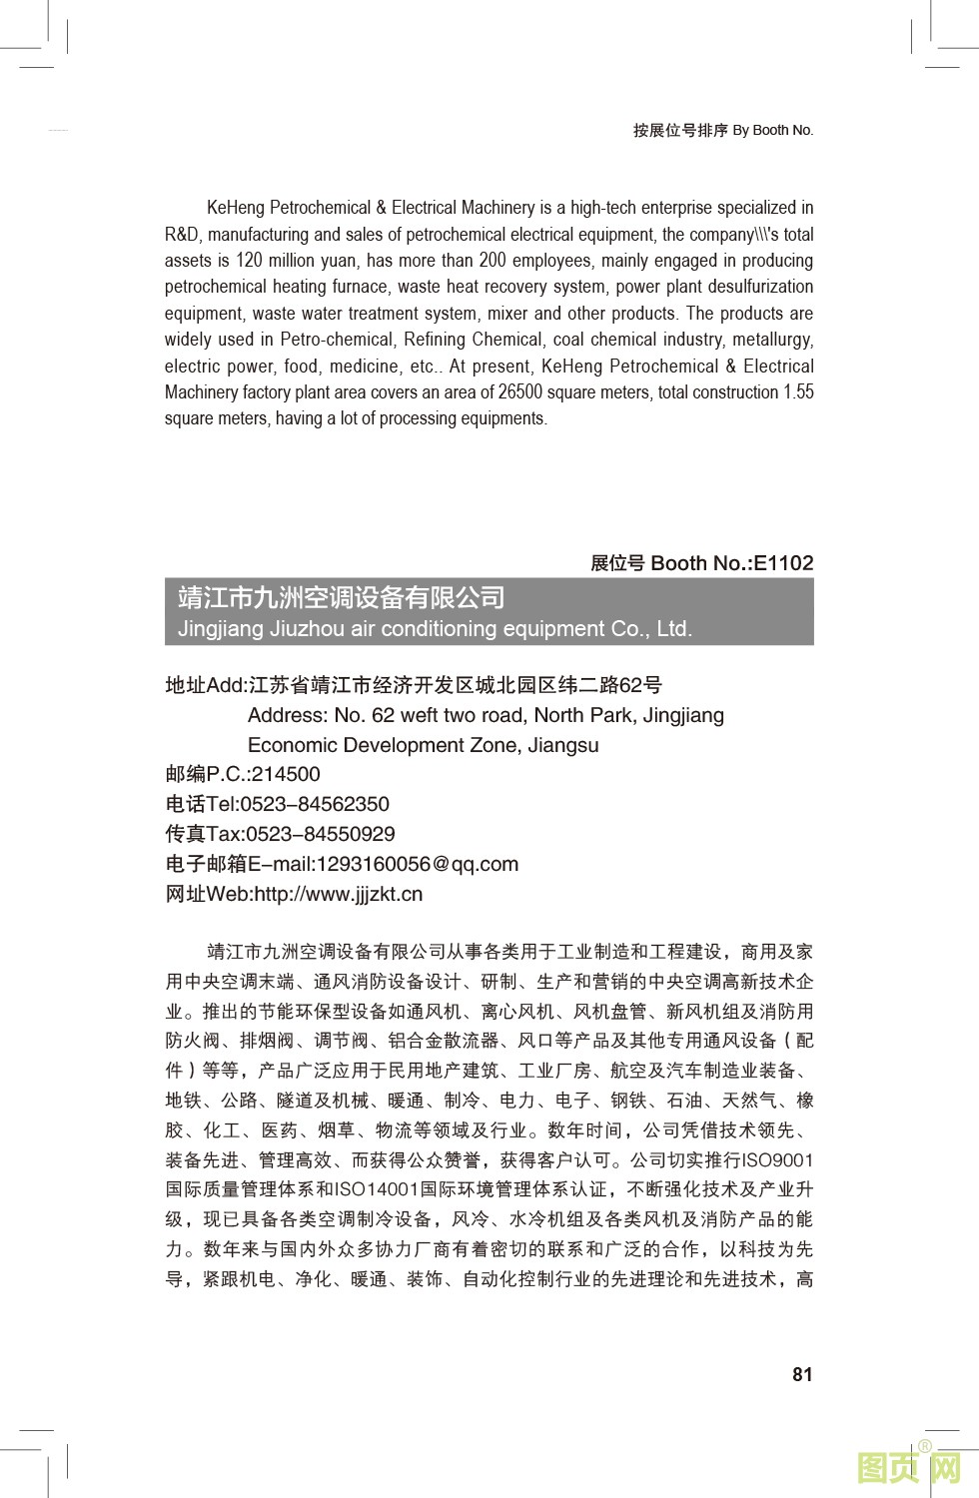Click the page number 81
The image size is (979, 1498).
click(802, 1374)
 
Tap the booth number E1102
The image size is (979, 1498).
click(783, 563)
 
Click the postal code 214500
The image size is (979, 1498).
click(286, 774)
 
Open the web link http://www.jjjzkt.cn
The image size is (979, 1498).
click(339, 894)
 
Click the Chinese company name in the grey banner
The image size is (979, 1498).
click(342, 597)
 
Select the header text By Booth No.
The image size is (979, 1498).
click(773, 130)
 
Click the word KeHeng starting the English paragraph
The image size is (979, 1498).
click(236, 208)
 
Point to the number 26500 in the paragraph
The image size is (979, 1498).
click(519, 392)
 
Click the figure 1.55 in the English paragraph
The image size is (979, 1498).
click(798, 392)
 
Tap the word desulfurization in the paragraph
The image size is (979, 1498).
click(762, 287)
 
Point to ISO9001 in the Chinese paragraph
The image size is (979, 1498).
click(777, 1160)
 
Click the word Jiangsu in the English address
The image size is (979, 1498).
click(563, 745)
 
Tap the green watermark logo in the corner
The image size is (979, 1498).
click(909, 1468)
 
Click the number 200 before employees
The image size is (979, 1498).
click(492, 261)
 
